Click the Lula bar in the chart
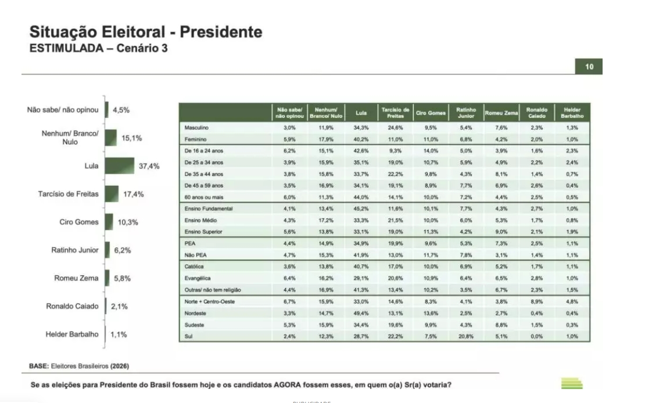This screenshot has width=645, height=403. coord(120,166)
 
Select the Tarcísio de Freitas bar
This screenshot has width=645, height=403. coord(112,194)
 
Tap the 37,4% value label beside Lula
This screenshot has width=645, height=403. coord(149,166)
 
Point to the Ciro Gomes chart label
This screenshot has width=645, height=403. coord(79,222)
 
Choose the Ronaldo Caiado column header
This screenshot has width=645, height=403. coord(536,113)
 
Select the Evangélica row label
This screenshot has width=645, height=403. coord(198,279)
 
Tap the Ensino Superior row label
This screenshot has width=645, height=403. coord(203,232)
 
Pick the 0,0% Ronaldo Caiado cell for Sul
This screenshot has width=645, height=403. coord(536,336)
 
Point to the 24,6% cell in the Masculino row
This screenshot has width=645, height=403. coord(395,127)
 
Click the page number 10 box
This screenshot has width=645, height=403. coord(589,67)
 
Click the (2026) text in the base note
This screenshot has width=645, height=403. coord(120,366)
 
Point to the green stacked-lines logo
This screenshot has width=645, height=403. coord(572,383)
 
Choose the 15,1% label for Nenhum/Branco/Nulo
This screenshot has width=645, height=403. coord(132,138)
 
